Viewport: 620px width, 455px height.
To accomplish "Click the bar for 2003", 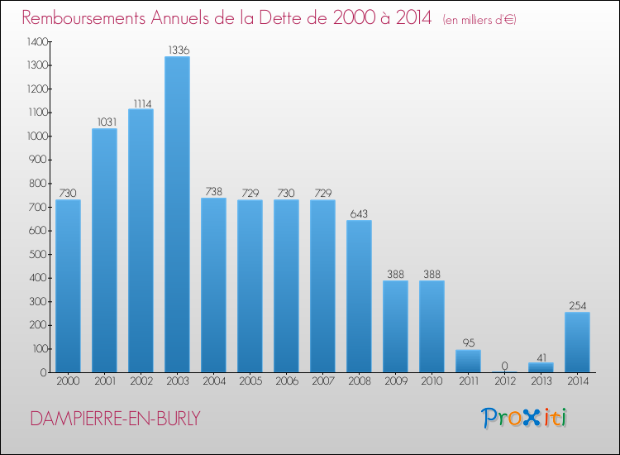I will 177,214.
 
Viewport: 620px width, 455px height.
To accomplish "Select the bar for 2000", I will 68,285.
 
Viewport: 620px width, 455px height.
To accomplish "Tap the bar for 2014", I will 577,342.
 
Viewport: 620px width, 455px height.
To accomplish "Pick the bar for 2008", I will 359,295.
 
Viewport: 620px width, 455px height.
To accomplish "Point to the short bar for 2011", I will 468,361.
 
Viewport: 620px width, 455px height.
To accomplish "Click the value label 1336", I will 177,50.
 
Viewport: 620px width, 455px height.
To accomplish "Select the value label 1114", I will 141,103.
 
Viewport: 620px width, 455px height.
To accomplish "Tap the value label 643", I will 359,214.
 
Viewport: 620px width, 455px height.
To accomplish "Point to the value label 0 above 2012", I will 504,366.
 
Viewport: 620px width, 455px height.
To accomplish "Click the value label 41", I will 541,357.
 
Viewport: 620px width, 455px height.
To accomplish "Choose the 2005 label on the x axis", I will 250,382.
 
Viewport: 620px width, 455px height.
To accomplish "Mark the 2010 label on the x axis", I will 432,382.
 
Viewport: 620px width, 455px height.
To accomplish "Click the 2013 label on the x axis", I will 541,382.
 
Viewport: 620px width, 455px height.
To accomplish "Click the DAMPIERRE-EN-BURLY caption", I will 114,419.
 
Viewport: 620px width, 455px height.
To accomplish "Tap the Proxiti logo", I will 525,418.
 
